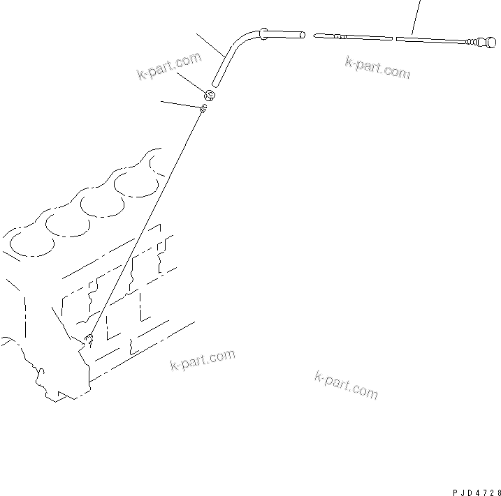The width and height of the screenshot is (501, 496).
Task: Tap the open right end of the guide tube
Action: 303,33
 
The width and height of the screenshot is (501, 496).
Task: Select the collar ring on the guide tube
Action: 264,31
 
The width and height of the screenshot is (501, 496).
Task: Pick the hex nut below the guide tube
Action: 209,96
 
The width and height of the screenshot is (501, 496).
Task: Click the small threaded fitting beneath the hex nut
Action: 203,108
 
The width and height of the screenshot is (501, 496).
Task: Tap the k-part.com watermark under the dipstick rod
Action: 377,67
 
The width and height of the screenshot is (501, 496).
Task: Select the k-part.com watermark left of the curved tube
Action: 168,67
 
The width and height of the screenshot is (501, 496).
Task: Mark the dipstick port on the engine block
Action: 89,340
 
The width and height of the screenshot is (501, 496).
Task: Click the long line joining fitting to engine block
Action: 147,223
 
